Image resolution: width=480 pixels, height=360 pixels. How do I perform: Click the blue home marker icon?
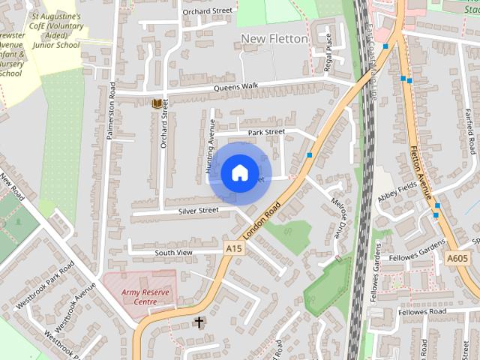[x=239, y=172]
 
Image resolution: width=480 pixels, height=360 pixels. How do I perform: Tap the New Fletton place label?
[x=274, y=38]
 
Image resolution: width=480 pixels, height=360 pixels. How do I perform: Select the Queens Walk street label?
[x=235, y=86]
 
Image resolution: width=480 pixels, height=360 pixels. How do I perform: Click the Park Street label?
[x=266, y=132]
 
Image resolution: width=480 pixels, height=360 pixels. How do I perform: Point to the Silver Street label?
[x=198, y=211]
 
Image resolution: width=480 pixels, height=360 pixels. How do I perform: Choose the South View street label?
[x=173, y=253]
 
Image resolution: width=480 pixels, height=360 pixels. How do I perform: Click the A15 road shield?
[x=234, y=248]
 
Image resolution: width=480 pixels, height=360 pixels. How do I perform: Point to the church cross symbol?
[x=199, y=322]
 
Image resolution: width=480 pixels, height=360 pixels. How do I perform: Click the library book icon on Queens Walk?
[x=156, y=103]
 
